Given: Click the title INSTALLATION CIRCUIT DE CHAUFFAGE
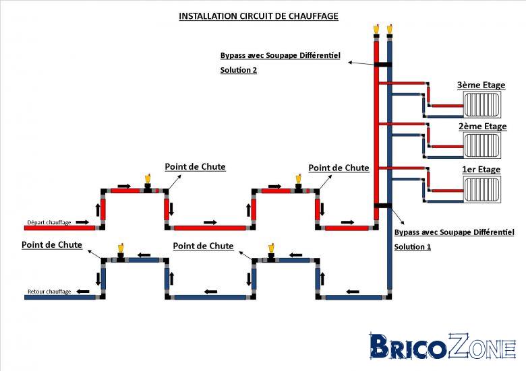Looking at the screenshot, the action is [258, 16].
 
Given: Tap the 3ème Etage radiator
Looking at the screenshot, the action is [481, 104].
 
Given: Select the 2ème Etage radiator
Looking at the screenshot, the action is [482, 145].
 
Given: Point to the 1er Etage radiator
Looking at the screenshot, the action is [482, 189].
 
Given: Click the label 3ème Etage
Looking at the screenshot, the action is [481, 85].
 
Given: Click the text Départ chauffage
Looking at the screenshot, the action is [49, 222].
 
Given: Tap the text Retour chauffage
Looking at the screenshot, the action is [49, 292].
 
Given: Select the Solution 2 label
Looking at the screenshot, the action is [239, 70].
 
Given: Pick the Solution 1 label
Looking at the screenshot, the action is [412, 247].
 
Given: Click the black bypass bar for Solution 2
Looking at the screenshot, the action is [383, 65].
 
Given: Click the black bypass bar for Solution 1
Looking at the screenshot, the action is [383, 205].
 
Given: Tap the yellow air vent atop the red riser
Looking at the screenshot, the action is [376, 30].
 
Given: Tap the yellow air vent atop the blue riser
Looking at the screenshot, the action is [390, 30].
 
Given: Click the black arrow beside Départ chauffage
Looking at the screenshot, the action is [82, 222].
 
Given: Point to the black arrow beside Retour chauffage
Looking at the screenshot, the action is [82, 292].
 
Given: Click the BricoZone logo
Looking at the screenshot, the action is [442, 346].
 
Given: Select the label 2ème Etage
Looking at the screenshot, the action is [482, 126].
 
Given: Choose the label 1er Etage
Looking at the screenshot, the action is [481, 170].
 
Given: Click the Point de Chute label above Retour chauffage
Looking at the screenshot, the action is [52, 245].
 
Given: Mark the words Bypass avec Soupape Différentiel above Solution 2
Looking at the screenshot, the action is [280, 55].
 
